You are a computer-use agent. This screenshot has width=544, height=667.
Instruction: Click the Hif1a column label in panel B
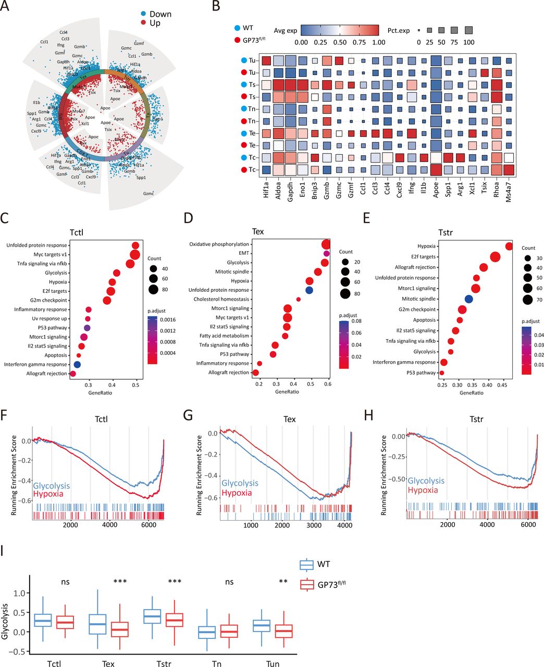[x=266, y=189]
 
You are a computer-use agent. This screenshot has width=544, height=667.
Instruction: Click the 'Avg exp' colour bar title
[x=286, y=28]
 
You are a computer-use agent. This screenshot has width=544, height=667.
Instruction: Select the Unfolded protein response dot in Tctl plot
[x=135, y=245]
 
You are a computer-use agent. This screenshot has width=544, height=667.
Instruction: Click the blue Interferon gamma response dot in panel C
[x=78, y=364]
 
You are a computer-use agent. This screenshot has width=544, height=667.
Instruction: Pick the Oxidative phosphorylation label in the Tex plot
[x=219, y=244]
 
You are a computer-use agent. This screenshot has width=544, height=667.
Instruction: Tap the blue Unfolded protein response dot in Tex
[x=309, y=290]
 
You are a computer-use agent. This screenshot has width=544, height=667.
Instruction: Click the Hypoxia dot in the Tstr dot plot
[x=509, y=246]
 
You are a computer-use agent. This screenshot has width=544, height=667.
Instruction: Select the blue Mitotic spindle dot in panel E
[x=468, y=299]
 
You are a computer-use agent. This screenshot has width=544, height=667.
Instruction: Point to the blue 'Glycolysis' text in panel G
[x=240, y=484]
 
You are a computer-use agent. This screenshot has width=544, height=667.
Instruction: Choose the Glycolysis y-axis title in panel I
[x=5, y=621]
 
